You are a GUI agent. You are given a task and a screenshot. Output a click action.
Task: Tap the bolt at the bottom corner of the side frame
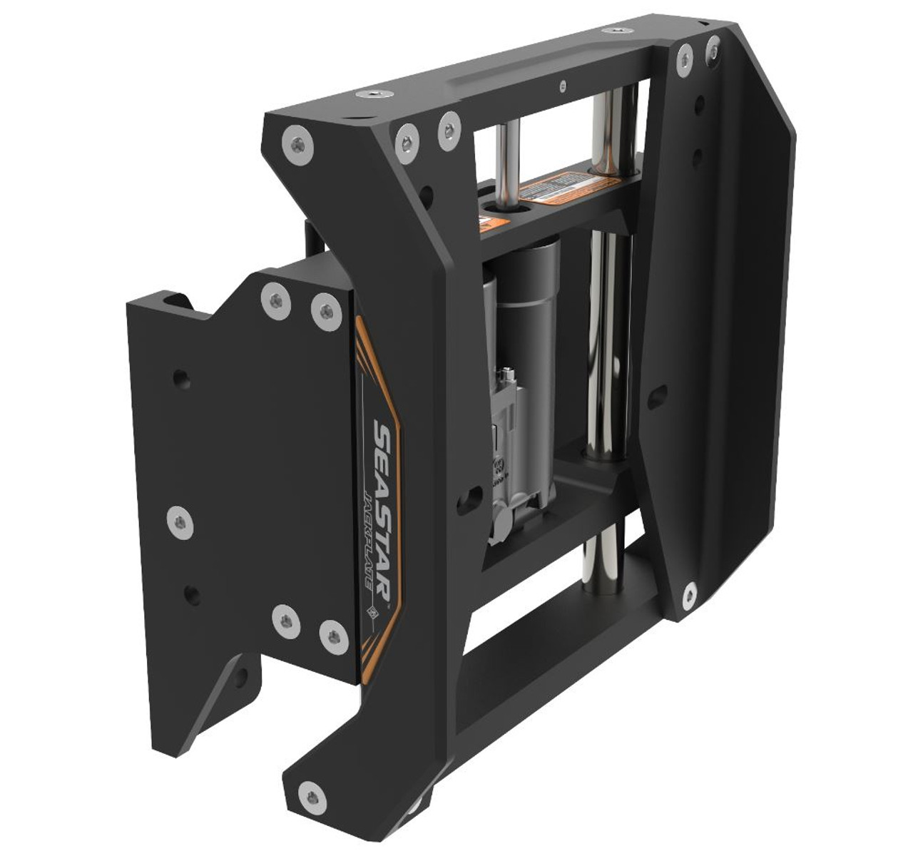pos(310,793)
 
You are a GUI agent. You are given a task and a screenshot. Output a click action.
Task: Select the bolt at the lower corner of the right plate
pos(689,596)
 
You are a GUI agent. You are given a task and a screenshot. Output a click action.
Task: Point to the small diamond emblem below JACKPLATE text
pos(372,613)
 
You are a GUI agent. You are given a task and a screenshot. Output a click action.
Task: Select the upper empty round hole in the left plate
pos(182,379)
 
